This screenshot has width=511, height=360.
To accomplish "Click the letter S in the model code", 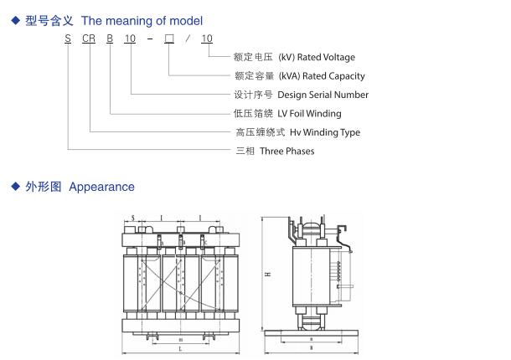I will [69, 39].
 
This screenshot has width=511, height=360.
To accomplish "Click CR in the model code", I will [91, 39].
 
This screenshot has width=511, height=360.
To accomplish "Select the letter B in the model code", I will [111, 39].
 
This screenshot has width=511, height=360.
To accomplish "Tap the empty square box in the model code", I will [170, 39].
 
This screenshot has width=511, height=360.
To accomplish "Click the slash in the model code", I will [188, 39].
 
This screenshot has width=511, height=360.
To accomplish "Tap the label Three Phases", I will [287, 151].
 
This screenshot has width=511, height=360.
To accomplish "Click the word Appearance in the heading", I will [101, 187].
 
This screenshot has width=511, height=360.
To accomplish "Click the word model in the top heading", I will [188, 20].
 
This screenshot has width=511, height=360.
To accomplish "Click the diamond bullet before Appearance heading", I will [14, 187].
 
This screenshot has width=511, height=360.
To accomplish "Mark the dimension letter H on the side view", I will [267, 274].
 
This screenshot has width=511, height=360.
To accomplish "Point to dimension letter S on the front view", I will [133, 218].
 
